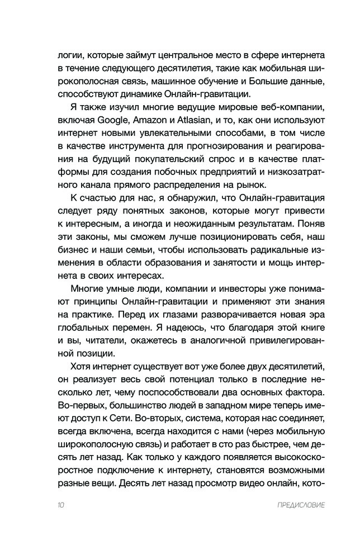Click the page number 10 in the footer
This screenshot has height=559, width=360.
tap(61, 506)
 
